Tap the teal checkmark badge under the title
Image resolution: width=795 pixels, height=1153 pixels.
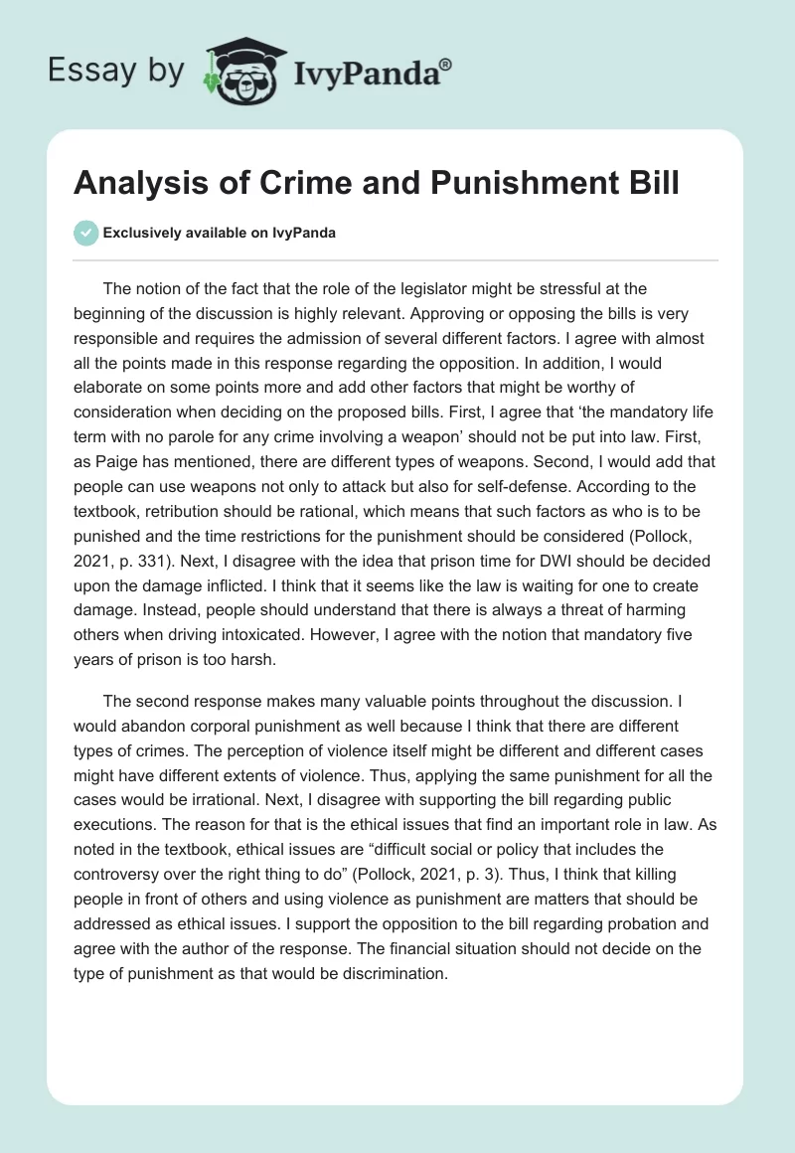click(85, 233)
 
